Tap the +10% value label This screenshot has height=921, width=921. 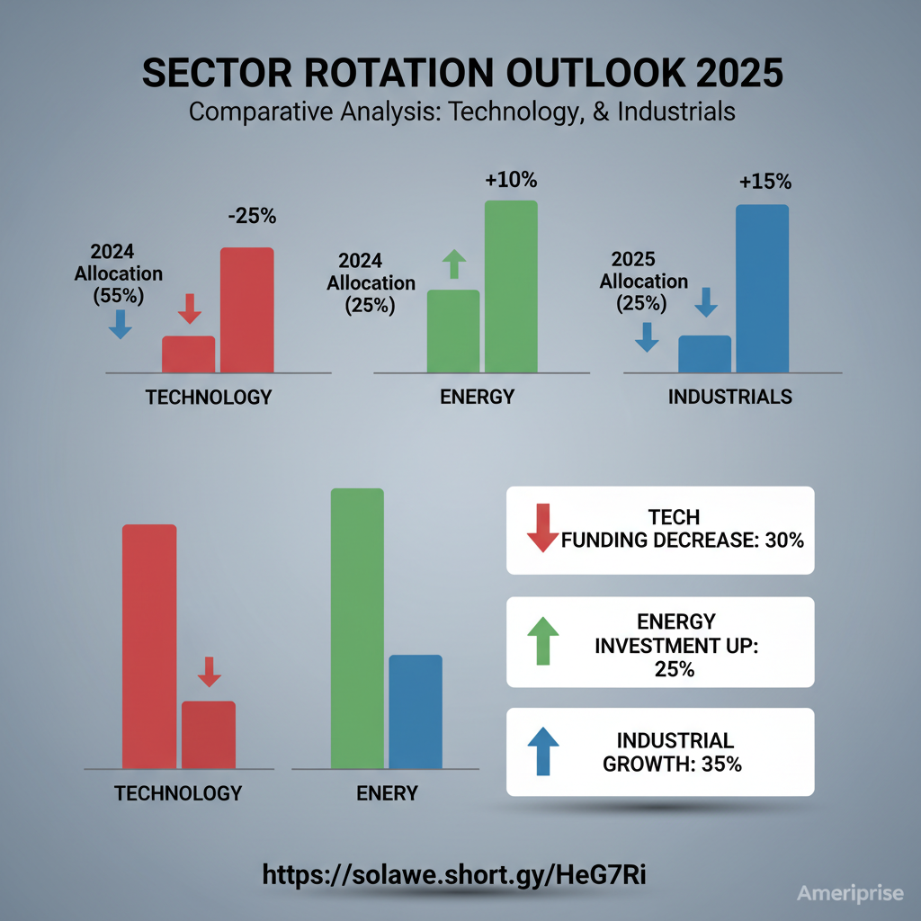coord(510,180)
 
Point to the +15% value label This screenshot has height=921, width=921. coord(765,182)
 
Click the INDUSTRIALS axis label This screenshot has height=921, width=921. coord(730,397)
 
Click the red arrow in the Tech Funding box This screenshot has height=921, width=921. coord(542,528)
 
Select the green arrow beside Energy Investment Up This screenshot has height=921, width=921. coord(542,640)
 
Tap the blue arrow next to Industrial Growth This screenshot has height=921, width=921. coord(542,751)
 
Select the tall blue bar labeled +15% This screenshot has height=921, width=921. coord(762,288)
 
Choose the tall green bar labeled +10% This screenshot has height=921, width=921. coord(511,286)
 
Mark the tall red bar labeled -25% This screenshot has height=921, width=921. coord(246,309)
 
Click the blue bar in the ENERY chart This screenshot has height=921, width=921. coord(415,711)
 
